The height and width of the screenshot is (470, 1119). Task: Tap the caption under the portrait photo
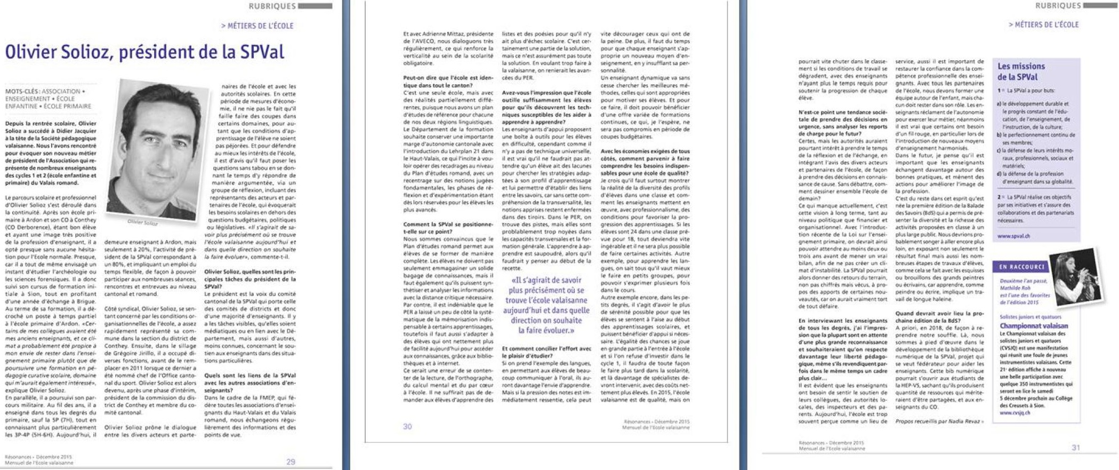[142, 222]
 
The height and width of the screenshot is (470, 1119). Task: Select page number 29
[291, 461]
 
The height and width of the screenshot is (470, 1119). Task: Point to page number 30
[407, 426]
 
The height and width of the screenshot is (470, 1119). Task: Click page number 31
[1075, 447]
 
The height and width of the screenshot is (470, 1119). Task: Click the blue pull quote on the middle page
[545, 305]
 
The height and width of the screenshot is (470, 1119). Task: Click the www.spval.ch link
[1013, 235]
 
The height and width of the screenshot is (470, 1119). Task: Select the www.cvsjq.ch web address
[1015, 412]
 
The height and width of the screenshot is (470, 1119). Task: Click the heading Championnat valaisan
[1033, 325]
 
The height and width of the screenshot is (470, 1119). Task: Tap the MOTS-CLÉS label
[22, 91]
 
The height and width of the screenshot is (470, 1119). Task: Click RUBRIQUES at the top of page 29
[272, 6]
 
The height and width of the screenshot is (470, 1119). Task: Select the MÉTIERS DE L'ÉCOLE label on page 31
[1044, 25]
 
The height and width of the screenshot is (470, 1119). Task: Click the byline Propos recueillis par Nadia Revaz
[939, 421]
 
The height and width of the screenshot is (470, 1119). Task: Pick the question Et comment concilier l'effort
[546, 352]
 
